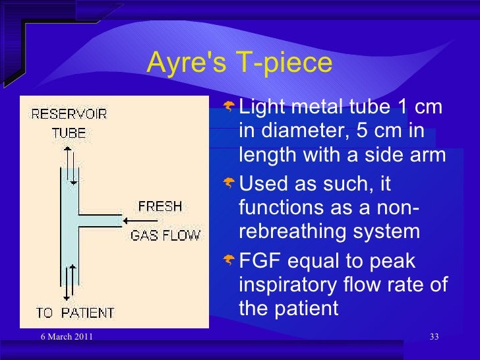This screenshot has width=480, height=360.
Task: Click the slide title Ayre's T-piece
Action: pyautogui.click(x=239, y=63)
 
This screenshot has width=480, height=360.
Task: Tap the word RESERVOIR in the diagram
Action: pyautogui.click(x=69, y=113)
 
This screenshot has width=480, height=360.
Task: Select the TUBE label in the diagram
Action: pyautogui.click(x=69, y=133)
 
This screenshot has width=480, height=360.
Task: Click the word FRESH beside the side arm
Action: pyautogui.click(x=160, y=206)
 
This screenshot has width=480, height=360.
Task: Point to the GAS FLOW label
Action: pyautogui.click(x=165, y=235)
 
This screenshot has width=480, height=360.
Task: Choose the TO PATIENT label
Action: pyautogui.click(x=75, y=312)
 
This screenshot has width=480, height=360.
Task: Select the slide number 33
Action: pyautogui.click(x=434, y=338)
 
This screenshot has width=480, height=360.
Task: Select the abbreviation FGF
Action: pyautogui.click(x=260, y=261)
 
